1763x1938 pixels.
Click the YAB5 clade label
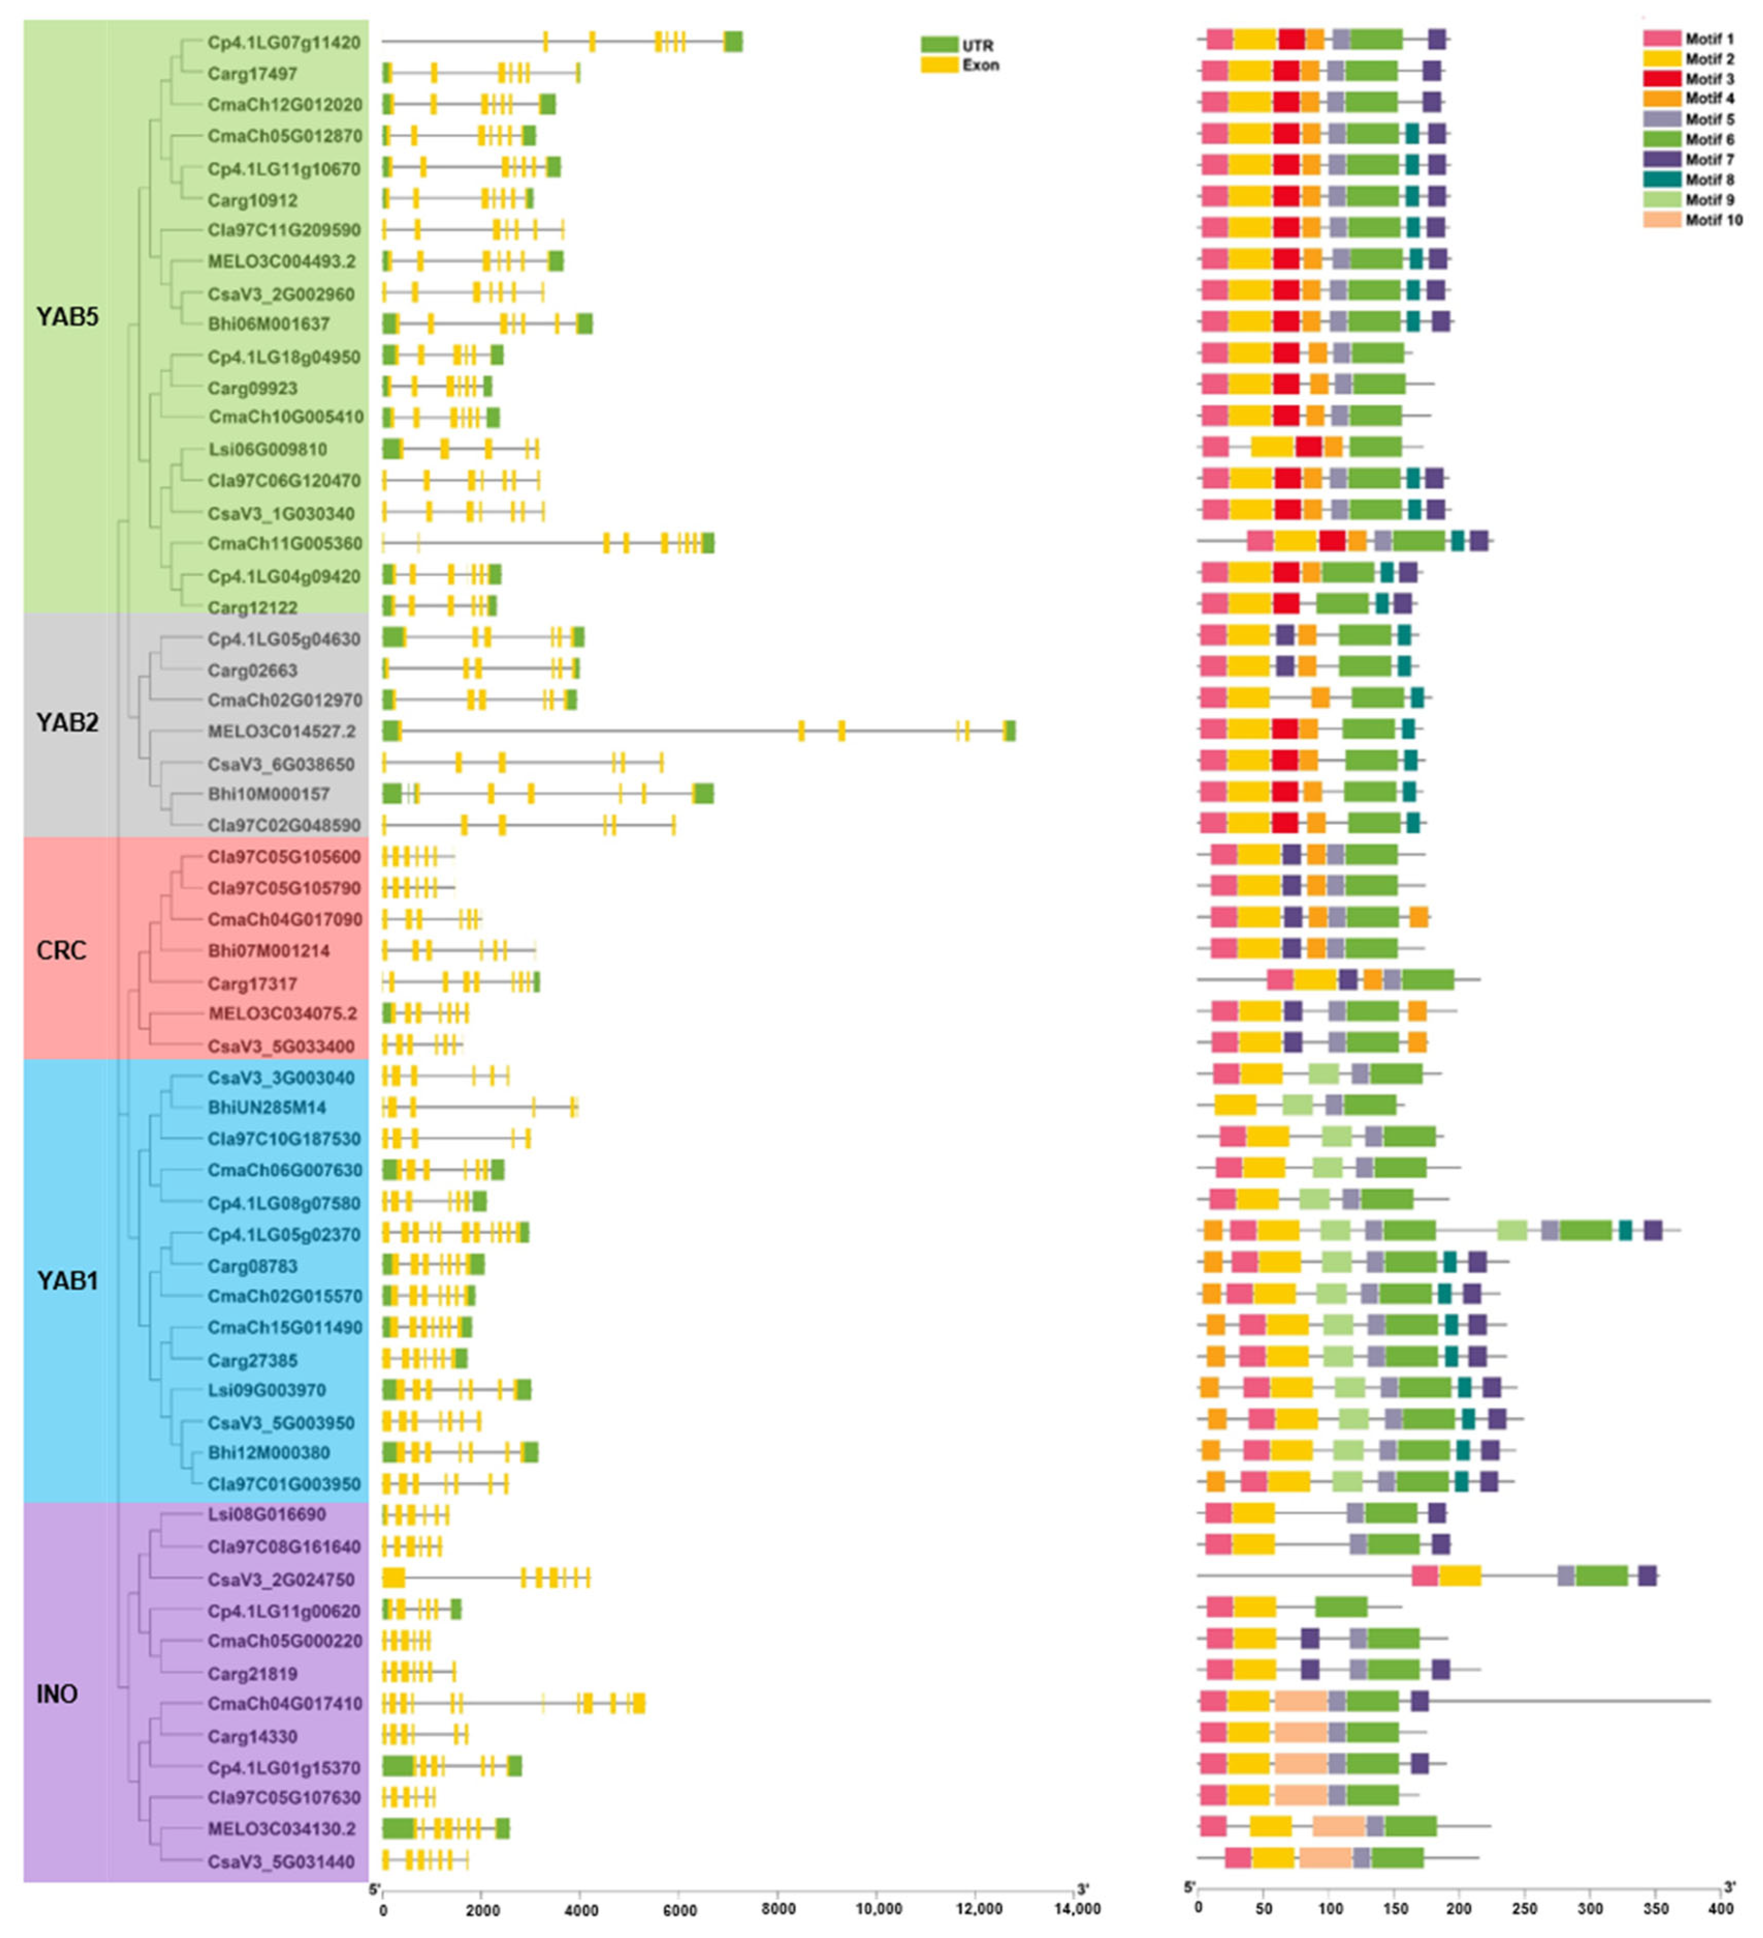click(x=67, y=317)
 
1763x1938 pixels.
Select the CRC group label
click(x=61, y=950)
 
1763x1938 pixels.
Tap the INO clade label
click(x=57, y=1693)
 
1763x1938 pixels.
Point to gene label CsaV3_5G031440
click(x=281, y=1861)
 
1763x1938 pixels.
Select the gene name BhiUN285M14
click(x=267, y=1107)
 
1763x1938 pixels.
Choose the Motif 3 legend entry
click(x=1708, y=79)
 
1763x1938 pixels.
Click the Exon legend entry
click(x=981, y=66)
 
